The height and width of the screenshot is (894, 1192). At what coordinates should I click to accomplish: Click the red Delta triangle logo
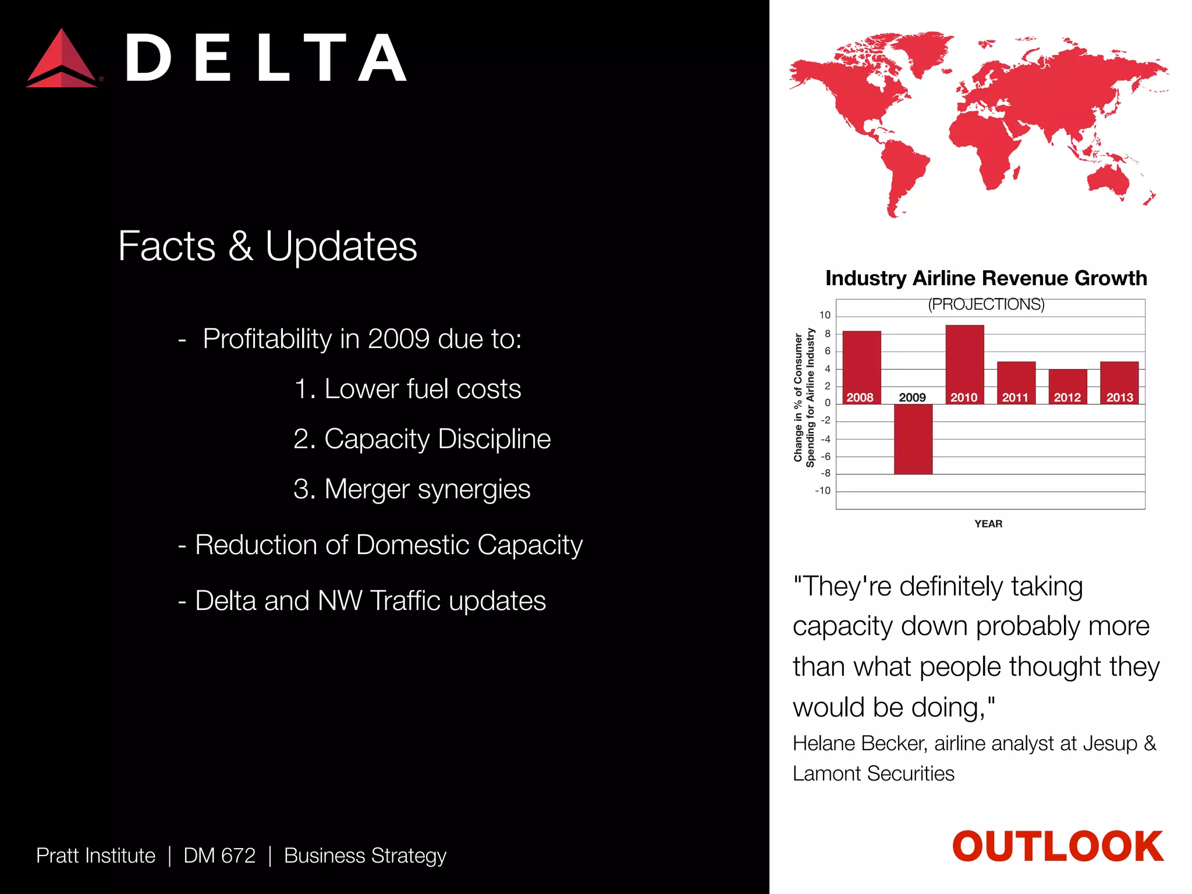point(61,60)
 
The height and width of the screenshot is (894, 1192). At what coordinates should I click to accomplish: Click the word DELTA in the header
point(265,59)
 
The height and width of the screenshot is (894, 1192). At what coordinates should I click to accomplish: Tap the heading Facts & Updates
point(267,246)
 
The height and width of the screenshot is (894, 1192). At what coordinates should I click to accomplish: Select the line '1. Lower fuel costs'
point(407,389)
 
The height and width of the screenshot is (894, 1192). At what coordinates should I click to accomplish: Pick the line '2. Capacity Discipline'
point(422,439)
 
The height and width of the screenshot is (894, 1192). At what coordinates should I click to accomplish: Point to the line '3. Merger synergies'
point(411,489)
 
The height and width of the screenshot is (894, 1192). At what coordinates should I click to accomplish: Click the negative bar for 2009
point(913,439)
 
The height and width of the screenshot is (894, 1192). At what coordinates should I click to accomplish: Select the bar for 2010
point(964,361)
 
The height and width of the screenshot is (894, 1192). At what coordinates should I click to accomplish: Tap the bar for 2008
point(861,364)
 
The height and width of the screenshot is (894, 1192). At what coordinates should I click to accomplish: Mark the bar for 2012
point(1067,384)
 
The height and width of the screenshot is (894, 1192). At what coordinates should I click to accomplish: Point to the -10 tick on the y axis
point(823,491)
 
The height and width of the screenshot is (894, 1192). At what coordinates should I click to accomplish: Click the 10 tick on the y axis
point(825,315)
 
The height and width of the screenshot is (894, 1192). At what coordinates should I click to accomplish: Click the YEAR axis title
point(988,524)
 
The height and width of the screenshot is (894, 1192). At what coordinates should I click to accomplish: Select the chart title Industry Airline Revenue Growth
point(986,278)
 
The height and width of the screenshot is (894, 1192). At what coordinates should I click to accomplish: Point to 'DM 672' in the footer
point(219,856)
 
